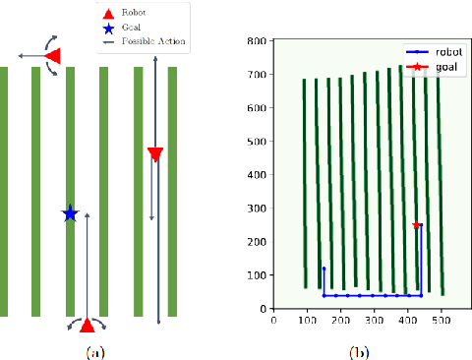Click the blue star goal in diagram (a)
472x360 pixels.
click(70, 212)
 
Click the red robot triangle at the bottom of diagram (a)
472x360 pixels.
click(88, 325)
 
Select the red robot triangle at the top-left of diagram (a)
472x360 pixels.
click(53, 58)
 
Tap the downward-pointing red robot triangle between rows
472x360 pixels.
click(154, 153)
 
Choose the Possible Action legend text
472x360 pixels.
click(152, 41)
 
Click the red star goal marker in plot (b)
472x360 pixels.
click(417, 226)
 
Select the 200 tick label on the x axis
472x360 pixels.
click(341, 320)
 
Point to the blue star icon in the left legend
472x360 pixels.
click(110, 28)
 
